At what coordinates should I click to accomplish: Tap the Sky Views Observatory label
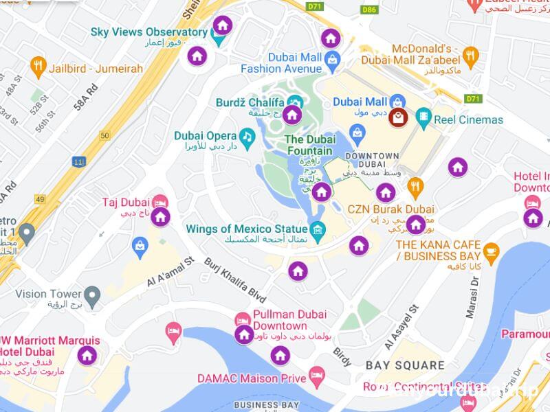tap(148, 32)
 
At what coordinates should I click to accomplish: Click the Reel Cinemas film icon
tap(423, 118)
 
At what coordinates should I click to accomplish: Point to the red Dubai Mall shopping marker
tap(397, 117)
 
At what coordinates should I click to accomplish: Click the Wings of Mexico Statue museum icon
tap(318, 229)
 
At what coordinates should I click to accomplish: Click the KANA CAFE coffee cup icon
tap(491, 252)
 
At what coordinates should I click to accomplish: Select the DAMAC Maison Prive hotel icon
tap(316, 376)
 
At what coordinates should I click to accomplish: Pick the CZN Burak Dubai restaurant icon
tap(415, 186)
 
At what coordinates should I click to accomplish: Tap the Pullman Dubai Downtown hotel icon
tap(243, 319)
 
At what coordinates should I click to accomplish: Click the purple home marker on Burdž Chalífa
tap(292, 115)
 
